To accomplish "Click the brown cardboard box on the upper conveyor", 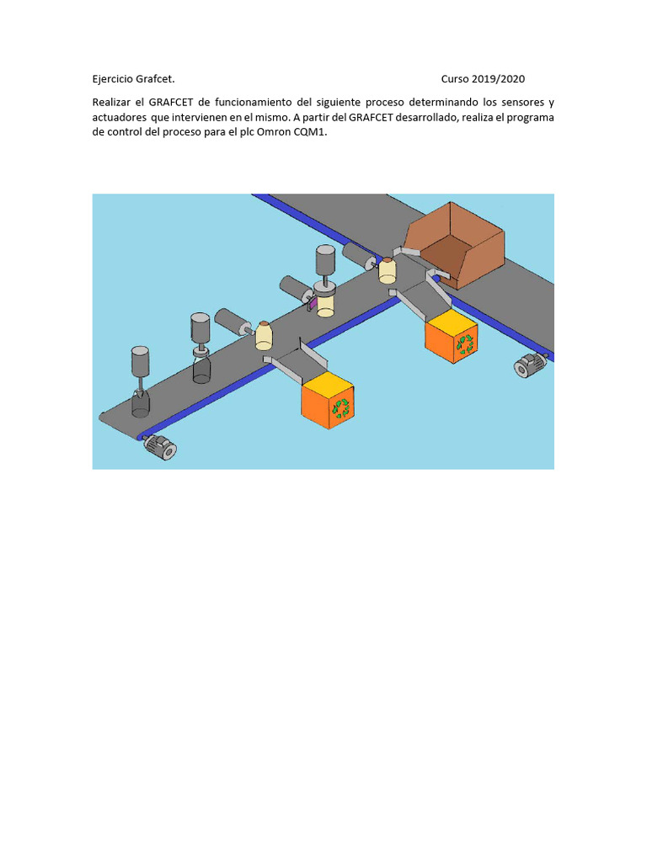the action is (454, 246).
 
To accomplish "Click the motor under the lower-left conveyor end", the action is (160, 446).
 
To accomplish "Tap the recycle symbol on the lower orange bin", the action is (342, 407).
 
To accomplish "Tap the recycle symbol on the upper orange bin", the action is (465, 344).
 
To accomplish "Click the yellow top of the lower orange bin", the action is (328, 382).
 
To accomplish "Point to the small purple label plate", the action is (313, 303).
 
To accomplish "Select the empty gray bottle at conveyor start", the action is (141, 402).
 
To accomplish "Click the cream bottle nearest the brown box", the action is (388, 270).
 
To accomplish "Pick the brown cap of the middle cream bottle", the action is (264, 323).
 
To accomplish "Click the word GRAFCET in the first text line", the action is (170, 102).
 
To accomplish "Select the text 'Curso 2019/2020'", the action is (483, 79).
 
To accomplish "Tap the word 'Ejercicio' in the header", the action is (113, 79).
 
